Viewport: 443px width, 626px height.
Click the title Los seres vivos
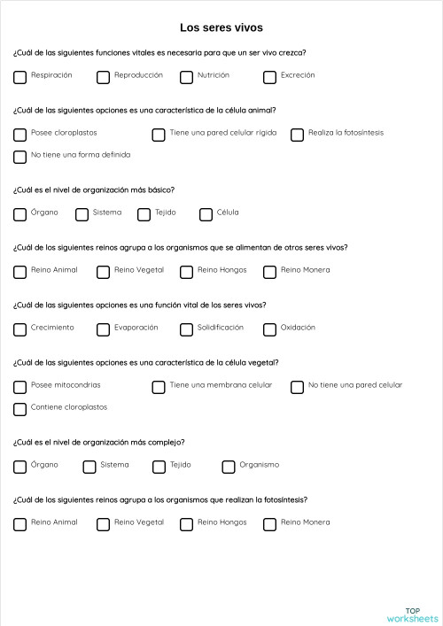(x=221, y=28)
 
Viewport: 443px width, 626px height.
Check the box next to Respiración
(x=20, y=77)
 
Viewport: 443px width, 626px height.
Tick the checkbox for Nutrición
(x=187, y=77)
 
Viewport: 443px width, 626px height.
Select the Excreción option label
(x=298, y=75)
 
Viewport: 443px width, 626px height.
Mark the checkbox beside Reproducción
(x=104, y=77)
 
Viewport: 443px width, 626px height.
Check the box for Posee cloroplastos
(x=20, y=135)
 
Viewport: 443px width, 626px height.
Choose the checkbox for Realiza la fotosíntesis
(x=298, y=135)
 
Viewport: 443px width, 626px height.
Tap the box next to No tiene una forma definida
(x=20, y=157)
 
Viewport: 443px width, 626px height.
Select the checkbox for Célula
(x=206, y=214)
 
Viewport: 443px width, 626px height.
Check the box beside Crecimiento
(x=20, y=329)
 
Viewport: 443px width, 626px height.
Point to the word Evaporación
(x=136, y=328)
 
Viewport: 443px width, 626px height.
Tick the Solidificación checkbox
(x=187, y=329)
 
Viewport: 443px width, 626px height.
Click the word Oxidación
(x=298, y=328)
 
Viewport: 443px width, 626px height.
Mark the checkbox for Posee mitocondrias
(x=20, y=387)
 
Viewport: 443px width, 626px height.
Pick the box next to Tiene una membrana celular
(x=159, y=387)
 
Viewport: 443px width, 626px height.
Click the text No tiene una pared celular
(x=355, y=385)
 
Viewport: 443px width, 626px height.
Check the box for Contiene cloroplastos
(x=20, y=409)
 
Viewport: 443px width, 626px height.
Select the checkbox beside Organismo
(x=229, y=467)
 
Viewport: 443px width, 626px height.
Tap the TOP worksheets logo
(x=412, y=614)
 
